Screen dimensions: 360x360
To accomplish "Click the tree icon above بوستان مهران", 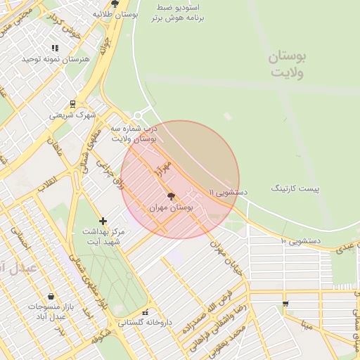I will tap(172, 197).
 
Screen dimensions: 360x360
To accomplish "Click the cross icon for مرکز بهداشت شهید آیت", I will tap(103, 221).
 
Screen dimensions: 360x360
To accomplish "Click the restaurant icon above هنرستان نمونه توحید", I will tap(55, 48).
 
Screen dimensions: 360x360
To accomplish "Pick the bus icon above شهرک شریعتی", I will tap(72, 104).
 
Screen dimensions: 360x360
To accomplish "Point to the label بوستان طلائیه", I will tap(115, 13).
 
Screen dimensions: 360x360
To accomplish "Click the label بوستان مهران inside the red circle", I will tap(172, 209).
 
